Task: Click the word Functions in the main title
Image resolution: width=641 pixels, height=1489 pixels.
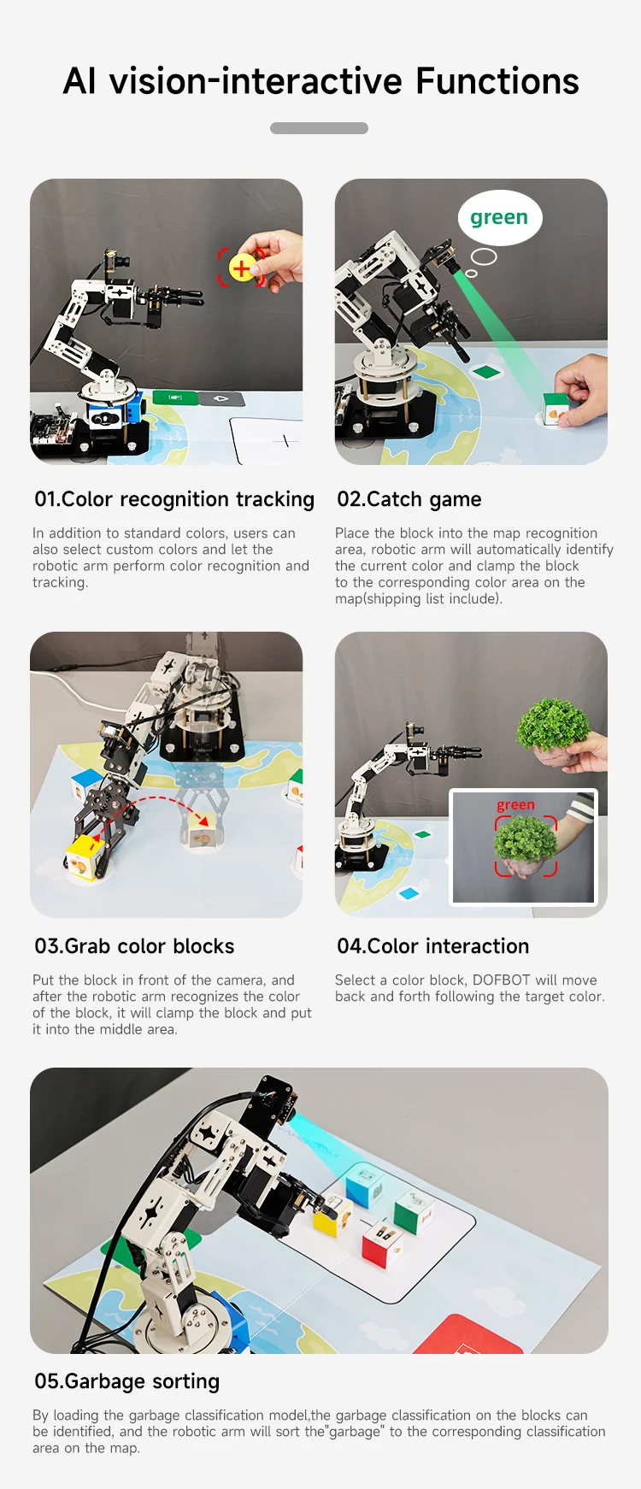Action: point(497,82)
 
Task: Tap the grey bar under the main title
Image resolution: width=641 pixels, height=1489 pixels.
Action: point(319,128)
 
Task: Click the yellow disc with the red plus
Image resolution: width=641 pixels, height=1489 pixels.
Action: point(242,268)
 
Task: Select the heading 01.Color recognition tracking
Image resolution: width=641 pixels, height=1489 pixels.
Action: point(174,499)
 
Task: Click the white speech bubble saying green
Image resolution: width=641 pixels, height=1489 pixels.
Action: point(499,217)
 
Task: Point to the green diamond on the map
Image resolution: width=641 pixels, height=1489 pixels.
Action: point(485,372)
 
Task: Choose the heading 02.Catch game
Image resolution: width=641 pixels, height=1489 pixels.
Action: point(409,499)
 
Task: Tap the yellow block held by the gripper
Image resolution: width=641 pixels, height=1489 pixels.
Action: point(84,857)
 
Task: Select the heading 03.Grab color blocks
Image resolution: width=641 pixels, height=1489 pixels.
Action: point(134,946)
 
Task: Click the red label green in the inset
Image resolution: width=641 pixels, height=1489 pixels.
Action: point(515,805)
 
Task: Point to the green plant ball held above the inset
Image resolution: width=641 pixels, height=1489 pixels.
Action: point(554,724)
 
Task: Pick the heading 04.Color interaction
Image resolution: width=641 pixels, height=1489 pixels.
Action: point(433,946)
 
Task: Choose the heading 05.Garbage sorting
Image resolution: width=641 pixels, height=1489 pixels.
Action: point(127,1381)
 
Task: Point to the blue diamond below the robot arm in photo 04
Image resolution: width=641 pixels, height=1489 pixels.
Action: point(410,893)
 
